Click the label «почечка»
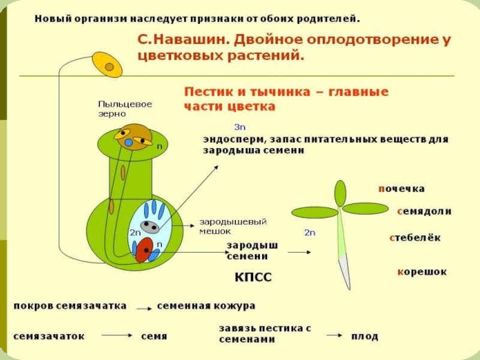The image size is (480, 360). pos(401,188)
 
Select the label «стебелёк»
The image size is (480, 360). pos(415,238)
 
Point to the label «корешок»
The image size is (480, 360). pos(422,272)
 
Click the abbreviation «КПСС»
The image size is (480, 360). pos(253,277)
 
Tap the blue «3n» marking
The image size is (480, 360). pos(239,127)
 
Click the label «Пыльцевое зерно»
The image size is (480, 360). pos(125,108)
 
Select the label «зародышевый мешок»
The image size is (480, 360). pos(233,226)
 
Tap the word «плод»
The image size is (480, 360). pos(365,337)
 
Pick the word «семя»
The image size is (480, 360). pos(154,337)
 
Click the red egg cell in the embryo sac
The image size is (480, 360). pos(143,250)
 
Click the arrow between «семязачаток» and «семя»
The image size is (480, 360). pos(114,337)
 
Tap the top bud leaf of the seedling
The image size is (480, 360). pos(340,193)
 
